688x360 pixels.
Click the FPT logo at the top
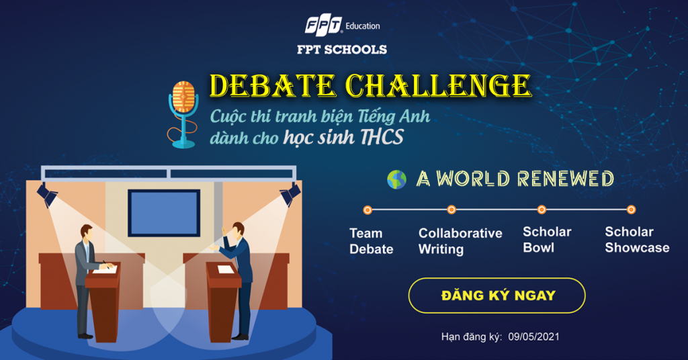click(324, 26)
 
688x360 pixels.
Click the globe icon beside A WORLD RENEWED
click(396, 179)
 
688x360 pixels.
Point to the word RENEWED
click(566, 179)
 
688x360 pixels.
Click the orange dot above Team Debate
click(368, 210)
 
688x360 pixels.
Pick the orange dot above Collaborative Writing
click(451, 210)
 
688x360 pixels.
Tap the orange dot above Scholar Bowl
click(542, 210)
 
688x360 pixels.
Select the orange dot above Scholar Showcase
click(631, 210)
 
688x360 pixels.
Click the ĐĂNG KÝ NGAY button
click(497, 296)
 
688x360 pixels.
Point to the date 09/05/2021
click(534, 336)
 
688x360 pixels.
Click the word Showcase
click(637, 248)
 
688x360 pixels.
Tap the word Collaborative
click(460, 233)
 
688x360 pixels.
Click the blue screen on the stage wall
click(164, 213)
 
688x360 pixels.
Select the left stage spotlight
click(46, 194)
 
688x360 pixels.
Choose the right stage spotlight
click(290, 194)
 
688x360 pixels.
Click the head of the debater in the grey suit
click(86, 232)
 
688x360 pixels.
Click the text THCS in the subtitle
click(382, 137)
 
